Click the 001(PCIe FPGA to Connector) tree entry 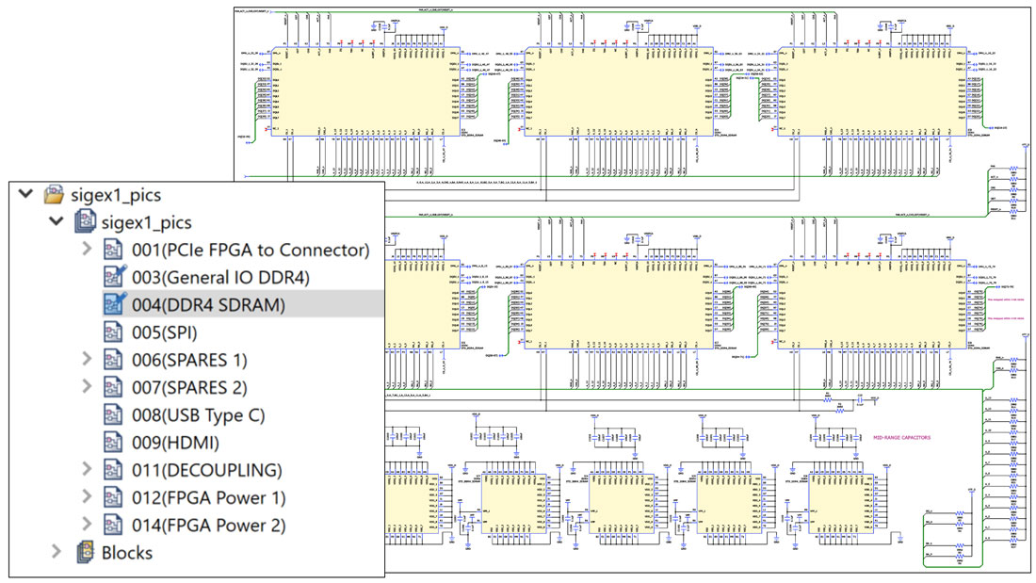[250, 250]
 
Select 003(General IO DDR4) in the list [220, 277]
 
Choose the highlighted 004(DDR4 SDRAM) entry [208, 304]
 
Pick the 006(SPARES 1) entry [189, 360]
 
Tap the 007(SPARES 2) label [189, 387]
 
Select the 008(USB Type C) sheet [198, 414]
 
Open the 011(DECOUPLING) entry [206, 470]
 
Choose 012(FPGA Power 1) [208, 497]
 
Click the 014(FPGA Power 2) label [208, 525]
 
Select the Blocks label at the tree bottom [127, 553]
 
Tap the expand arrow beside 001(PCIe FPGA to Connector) [88, 250]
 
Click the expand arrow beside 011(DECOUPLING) [88, 470]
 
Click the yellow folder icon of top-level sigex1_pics [54, 195]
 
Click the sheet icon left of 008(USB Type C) [114, 414]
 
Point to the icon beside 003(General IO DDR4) [114, 277]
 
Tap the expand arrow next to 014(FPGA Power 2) [88, 525]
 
